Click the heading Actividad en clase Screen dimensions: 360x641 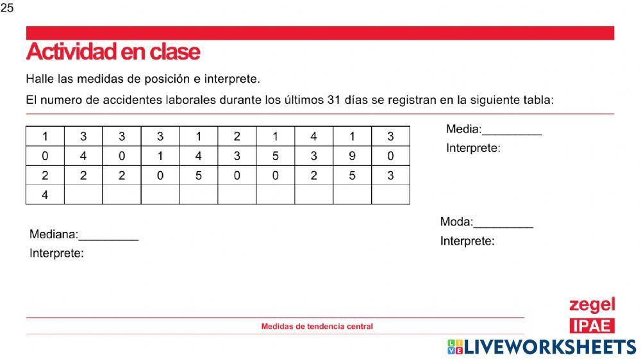pyautogui.click(x=113, y=51)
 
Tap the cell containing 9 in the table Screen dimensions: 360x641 pyautogui.click(x=352, y=156)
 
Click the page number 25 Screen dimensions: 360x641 pyautogui.click(x=7, y=8)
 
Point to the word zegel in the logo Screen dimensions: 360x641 pyautogui.click(x=592, y=304)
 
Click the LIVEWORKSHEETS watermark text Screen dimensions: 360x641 pyautogui.click(x=549, y=347)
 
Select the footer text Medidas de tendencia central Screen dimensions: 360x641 pyautogui.click(x=317, y=326)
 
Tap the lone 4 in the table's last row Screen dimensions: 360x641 pyautogui.click(x=45, y=195)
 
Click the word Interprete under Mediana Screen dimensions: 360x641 pyautogui.click(x=56, y=254)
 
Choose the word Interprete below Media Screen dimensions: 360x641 pyautogui.click(x=473, y=148)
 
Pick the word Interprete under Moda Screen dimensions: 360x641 pyautogui.click(x=467, y=241)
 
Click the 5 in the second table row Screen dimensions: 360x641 pyautogui.click(x=275, y=156)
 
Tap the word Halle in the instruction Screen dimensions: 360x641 pyautogui.click(x=38, y=79)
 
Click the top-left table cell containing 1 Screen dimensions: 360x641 pyautogui.click(x=45, y=136)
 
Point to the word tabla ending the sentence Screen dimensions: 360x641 pyautogui.click(x=537, y=100)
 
